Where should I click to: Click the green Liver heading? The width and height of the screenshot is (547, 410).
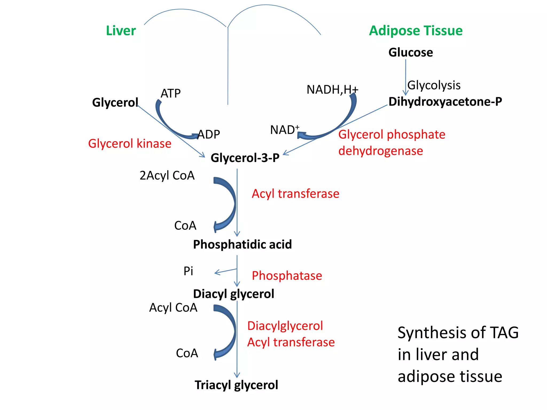(x=121, y=31)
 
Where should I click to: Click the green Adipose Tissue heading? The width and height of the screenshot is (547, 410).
(x=416, y=31)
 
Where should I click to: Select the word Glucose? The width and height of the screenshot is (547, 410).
(x=411, y=52)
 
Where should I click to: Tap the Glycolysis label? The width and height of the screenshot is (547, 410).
(x=434, y=85)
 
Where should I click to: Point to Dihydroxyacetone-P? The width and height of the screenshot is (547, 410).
(x=445, y=102)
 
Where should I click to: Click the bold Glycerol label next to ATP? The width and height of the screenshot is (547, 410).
(x=115, y=102)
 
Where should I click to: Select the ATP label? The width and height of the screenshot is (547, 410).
(x=170, y=94)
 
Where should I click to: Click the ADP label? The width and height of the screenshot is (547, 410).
(x=209, y=135)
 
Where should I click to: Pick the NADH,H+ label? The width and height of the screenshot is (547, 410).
(x=332, y=90)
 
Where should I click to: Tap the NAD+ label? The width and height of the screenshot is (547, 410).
(x=284, y=130)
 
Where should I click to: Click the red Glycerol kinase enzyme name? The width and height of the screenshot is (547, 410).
(x=130, y=144)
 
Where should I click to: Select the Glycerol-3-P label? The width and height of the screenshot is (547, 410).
(x=245, y=158)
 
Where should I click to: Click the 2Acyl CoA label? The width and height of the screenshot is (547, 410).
(x=167, y=176)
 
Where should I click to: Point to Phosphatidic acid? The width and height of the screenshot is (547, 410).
(x=242, y=245)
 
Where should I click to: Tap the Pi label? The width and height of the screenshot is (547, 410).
(x=188, y=271)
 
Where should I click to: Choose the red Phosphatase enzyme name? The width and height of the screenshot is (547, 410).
(x=287, y=276)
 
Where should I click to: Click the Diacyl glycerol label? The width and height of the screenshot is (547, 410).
(x=233, y=294)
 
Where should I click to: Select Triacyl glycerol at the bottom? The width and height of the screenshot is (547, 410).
(x=236, y=385)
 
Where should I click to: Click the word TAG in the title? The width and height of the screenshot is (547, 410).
(x=504, y=333)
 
